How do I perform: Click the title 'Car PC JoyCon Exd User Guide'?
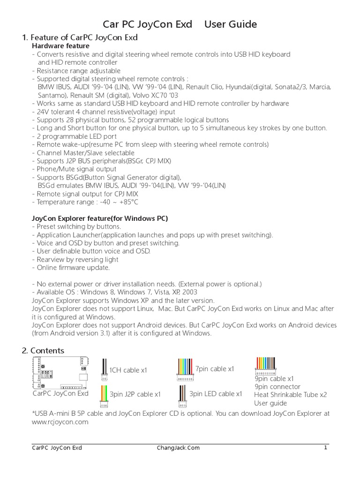coord(180,24)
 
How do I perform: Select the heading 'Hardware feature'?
coord(60,46)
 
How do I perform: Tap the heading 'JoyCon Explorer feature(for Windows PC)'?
coord(99,218)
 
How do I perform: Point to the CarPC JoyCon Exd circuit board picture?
coord(61,372)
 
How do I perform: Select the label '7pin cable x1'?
coord(215,368)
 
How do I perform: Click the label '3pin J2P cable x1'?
coord(135,394)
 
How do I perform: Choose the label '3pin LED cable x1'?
coord(216,394)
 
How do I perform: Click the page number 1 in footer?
coord(325,448)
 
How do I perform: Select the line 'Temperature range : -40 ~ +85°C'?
coord(85,202)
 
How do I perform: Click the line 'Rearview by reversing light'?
coord(75,259)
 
